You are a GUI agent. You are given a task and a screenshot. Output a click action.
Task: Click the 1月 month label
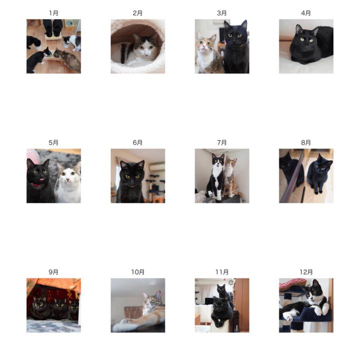tap(53, 13)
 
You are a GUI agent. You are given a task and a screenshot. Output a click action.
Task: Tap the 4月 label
tap(306, 13)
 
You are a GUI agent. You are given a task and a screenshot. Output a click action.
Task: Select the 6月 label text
tap(137, 142)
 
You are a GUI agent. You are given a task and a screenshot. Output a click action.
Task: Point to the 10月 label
tap(138, 272)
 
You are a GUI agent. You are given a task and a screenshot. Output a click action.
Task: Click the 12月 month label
tap(306, 272)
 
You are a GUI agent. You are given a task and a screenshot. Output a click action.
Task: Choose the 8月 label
tap(306, 142)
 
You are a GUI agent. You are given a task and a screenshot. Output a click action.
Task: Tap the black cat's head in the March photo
tap(235, 33)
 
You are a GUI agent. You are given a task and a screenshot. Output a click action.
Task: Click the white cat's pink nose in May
tap(67, 179)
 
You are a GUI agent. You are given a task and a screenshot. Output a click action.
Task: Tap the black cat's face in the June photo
tap(132, 175)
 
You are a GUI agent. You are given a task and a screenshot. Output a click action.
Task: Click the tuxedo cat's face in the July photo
tap(217, 160)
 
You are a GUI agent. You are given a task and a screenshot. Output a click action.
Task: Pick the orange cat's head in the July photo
tap(230, 162)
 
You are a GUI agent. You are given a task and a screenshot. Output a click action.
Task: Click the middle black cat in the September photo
tap(59, 307)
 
